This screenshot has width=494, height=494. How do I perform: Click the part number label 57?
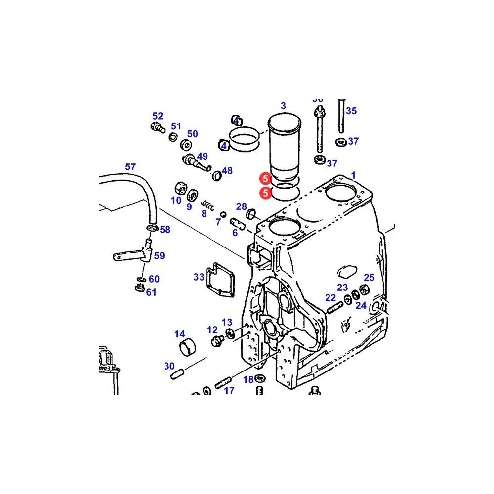click(130, 167)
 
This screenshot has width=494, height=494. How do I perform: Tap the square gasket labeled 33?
click(220, 280)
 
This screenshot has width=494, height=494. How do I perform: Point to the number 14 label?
click(179, 334)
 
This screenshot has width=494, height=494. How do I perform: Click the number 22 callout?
click(330, 298)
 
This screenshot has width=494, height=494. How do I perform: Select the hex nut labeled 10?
click(180, 188)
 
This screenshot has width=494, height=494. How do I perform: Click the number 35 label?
click(351, 111)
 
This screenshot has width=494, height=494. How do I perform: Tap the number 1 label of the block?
click(353, 175)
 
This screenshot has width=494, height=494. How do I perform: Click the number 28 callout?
click(241, 206)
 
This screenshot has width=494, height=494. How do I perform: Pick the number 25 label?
click(369, 278)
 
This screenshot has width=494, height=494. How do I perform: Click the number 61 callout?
click(151, 292)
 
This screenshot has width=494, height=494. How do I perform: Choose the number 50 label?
click(192, 134)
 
